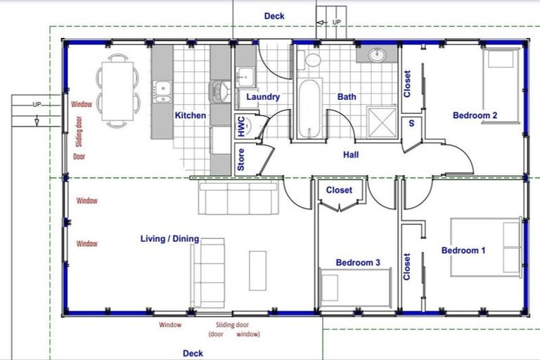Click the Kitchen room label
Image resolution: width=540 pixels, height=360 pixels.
point(190,115)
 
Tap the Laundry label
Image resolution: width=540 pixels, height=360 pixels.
point(262,97)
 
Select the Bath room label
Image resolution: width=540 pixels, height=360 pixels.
point(347,97)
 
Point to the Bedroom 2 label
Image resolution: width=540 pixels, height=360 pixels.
point(475,115)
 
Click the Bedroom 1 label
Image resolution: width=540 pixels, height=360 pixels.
point(463,250)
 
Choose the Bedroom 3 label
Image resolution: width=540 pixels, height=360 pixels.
point(358,262)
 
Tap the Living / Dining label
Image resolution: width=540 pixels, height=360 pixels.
point(169,240)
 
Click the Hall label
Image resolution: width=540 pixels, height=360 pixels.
point(352,154)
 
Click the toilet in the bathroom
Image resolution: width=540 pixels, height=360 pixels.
point(312,58)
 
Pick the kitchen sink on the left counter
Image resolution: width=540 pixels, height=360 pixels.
point(162,89)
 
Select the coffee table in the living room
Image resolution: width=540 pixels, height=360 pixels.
point(257,270)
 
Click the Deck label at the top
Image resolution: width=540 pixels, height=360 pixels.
point(274,15)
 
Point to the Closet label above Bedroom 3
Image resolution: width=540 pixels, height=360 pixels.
point(339,191)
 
